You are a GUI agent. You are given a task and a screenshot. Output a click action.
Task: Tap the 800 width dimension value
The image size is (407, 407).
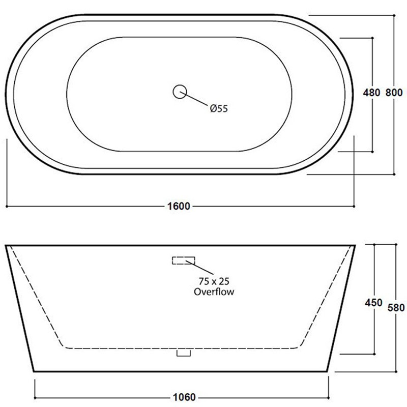pyautogui.click(x=394, y=93)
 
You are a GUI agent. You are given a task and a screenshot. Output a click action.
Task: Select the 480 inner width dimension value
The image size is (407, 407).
pyautogui.click(x=371, y=93)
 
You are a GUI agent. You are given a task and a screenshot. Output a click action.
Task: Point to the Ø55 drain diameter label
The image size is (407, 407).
pyautogui.click(x=218, y=108)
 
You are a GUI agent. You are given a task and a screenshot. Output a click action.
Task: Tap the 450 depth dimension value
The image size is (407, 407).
pyautogui.click(x=373, y=303)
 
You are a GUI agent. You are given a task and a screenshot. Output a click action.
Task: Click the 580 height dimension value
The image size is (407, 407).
pyautogui.click(x=395, y=307)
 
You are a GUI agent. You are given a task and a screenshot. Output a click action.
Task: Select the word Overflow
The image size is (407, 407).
pyautogui.click(x=214, y=292)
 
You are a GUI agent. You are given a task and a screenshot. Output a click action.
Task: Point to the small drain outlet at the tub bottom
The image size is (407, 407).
pyautogui.click(x=183, y=352)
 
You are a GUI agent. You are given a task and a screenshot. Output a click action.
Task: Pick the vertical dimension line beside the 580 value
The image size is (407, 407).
pyautogui.click(x=395, y=346)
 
